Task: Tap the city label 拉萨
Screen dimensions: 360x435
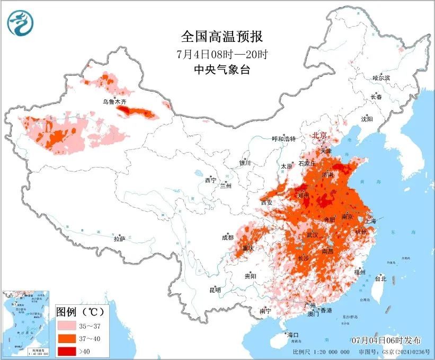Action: tap(119, 239)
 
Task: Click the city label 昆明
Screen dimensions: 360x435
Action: tap(215, 289)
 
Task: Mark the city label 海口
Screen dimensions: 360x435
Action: tap(292, 335)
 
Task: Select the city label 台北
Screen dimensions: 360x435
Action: tap(380, 278)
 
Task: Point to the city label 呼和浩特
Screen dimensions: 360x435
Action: tap(283, 139)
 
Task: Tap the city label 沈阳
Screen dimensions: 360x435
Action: tap(367, 119)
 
